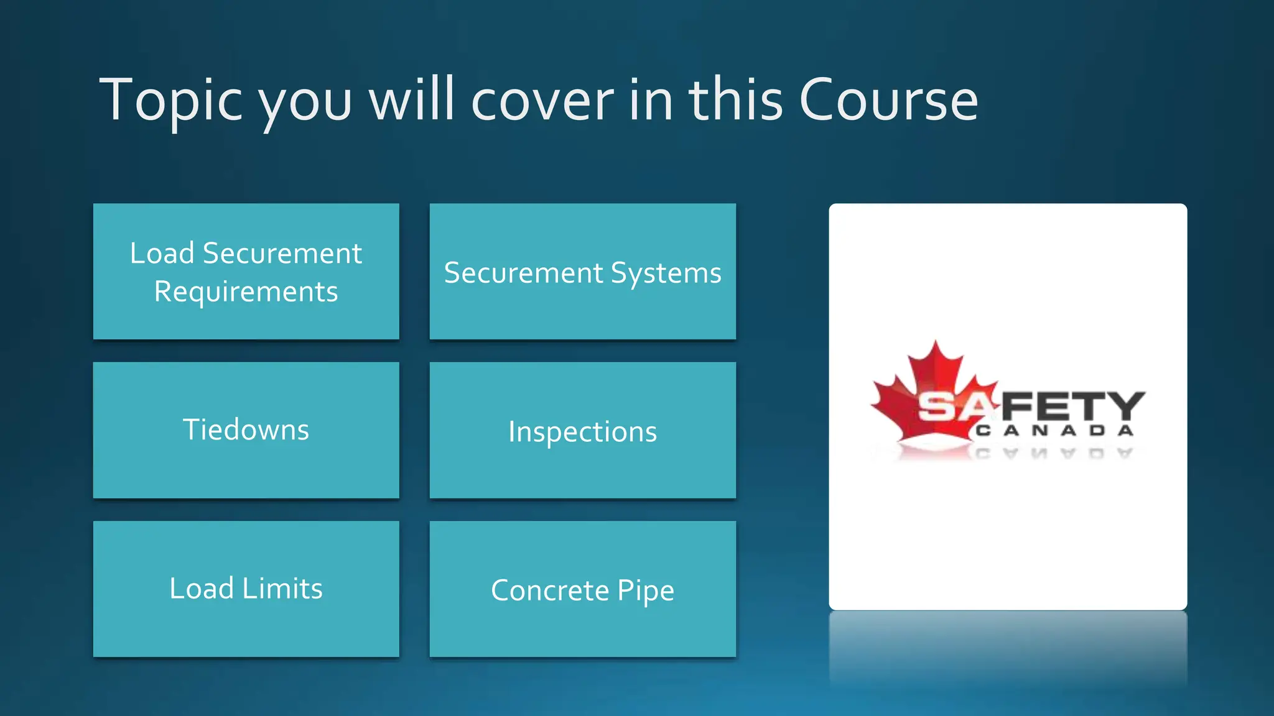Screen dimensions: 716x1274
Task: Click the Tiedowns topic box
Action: pos(246,430)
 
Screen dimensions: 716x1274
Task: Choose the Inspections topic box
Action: pos(582,430)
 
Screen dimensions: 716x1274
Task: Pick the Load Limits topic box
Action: pos(246,589)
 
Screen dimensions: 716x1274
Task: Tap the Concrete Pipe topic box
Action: pos(582,589)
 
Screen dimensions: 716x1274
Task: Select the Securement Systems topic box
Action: pos(582,272)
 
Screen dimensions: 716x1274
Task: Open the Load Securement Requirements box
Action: pos(246,272)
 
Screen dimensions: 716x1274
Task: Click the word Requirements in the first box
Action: pos(246,292)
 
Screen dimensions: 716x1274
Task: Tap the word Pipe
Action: pos(645,591)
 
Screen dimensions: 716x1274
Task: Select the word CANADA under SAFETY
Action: pos(1054,431)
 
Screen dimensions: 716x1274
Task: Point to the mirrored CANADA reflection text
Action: pos(1054,453)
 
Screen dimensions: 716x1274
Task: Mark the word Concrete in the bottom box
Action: pos(549,590)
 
